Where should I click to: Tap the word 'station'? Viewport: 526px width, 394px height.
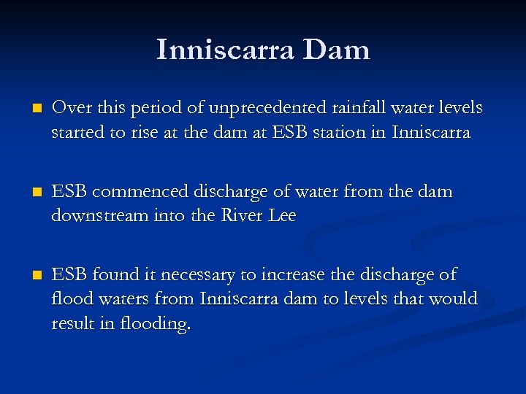(327, 134)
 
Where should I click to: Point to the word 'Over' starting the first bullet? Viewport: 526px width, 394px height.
(68, 108)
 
